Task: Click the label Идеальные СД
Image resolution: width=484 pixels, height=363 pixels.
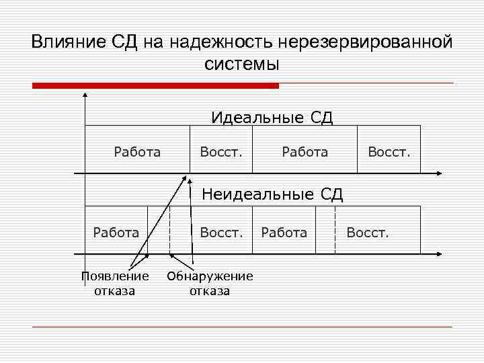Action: coord(272,118)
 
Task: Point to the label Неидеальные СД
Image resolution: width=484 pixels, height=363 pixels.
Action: coord(272,195)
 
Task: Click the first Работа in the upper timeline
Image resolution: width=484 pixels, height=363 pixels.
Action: coord(137,152)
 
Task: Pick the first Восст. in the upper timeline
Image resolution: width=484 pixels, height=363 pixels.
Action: coord(221,152)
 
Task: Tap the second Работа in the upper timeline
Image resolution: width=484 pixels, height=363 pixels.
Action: coord(305,152)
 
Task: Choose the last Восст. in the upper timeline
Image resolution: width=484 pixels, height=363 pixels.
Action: coord(389,152)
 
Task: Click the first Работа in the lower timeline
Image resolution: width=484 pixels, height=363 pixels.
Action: coord(116,233)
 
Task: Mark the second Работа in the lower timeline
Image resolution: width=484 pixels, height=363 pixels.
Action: coord(283,233)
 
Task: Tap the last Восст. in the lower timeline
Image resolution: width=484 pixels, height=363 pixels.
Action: coord(367,233)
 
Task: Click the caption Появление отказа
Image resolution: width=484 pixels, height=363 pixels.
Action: coord(114,283)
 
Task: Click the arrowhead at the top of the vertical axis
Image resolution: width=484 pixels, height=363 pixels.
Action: coord(85,95)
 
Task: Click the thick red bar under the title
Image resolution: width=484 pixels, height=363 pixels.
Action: coord(155,85)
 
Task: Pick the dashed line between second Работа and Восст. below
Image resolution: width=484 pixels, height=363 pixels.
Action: coord(335,230)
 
